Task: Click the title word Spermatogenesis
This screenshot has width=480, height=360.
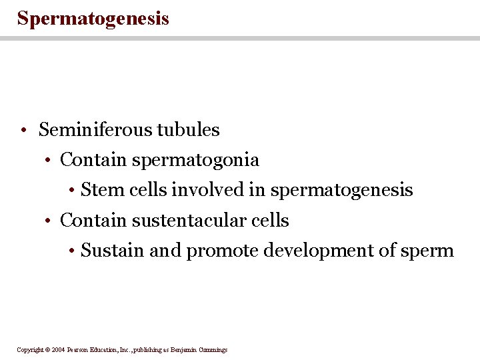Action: [93, 18]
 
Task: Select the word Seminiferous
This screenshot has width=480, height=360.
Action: [95, 129]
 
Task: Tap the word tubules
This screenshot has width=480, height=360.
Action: [189, 129]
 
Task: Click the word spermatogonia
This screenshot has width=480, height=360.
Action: [195, 161]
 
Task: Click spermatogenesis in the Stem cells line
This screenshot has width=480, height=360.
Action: [342, 191]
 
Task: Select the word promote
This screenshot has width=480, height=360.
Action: [223, 251]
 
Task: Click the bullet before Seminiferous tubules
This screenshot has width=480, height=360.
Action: [23, 130]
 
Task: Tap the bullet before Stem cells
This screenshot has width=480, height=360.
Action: [71, 191]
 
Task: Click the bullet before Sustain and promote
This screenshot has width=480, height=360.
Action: [71, 251]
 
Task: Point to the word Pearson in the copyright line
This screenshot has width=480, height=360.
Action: [79, 349]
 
